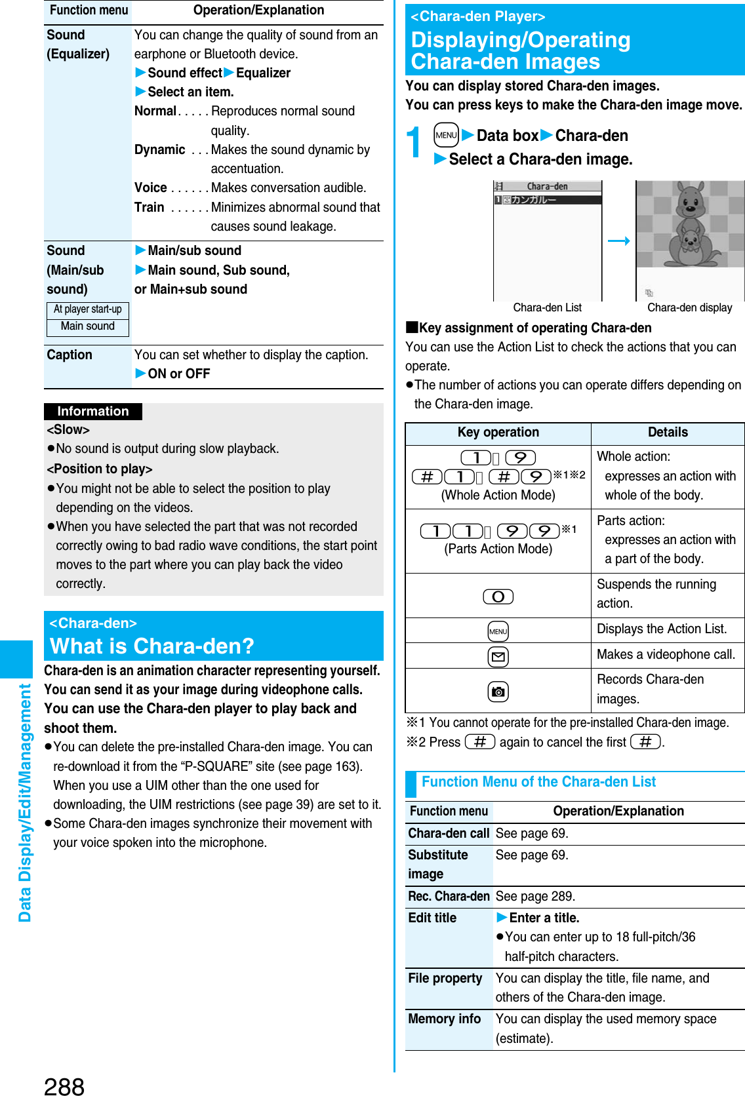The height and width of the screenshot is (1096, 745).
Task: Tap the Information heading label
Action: point(93,412)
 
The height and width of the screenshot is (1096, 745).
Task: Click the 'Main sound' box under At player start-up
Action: point(88,326)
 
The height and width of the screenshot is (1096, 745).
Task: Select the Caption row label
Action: point(70,355)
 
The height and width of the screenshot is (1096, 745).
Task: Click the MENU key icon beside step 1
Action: point(446,136)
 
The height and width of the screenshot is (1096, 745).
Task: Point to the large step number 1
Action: point(414,142)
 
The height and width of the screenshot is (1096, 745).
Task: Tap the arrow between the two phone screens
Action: point(618,241)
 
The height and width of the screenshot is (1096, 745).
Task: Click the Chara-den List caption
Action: point(547,308)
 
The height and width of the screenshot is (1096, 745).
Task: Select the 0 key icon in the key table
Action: point(498,597)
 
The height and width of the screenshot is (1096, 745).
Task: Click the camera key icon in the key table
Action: point(498,692)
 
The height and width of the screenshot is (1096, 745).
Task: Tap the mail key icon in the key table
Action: point(498,656)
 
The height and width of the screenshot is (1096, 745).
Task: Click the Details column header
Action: point(668,433)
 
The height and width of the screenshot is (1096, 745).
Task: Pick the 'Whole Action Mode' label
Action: point(498,496)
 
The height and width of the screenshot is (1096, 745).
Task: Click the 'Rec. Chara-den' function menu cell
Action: point(449,897)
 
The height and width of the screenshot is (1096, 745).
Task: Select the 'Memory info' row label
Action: point(445,1019)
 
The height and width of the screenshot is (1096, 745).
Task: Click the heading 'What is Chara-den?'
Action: point(152,646)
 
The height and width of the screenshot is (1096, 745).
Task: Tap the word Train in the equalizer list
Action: point(150,208)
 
